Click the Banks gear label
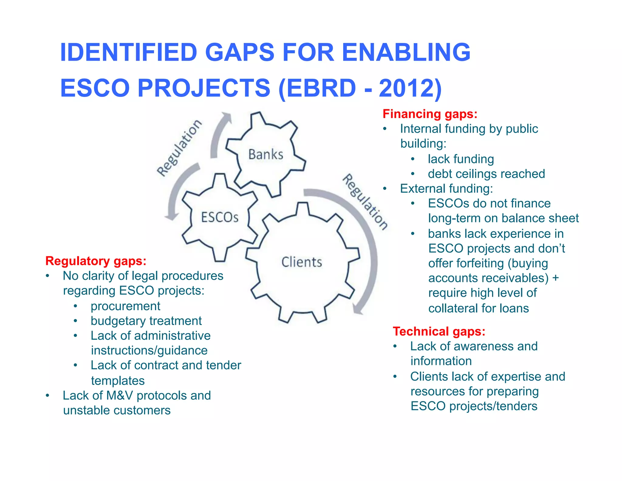[x=266, y=154]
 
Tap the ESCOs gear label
[x=220, y=217]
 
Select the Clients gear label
[x=302, y=262]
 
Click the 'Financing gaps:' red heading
[x=430, y=114]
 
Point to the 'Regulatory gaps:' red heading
[x=96, y=261]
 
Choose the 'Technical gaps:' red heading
[x=439, y=331]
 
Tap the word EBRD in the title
[x=321, y=88]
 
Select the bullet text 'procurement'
[x=125, y=306]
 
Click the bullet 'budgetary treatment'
[x=146, y=321]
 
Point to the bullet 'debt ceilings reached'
[x=486, y=174]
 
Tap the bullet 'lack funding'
[x=461, y=159]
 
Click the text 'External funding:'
[x=446, y=189]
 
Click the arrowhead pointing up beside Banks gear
[x=226, y=117]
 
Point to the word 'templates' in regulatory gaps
[x=118, y=381]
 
